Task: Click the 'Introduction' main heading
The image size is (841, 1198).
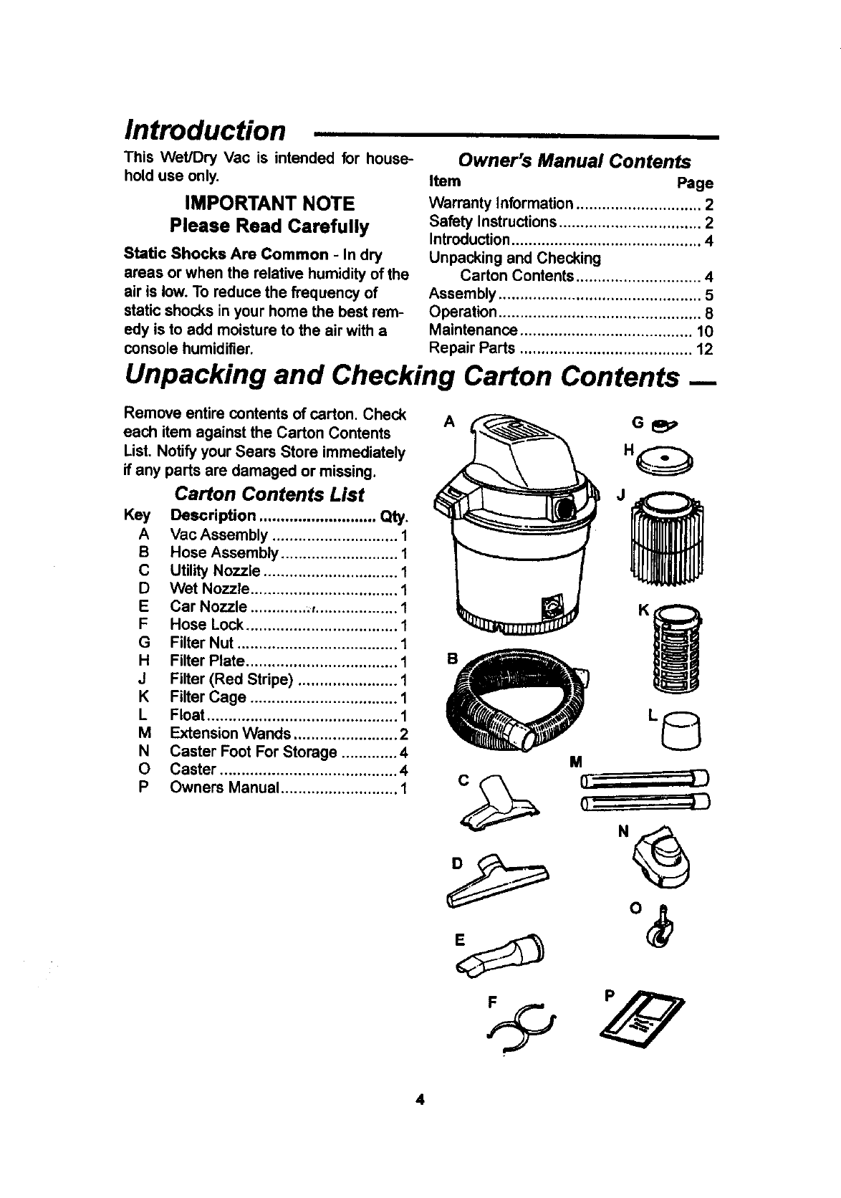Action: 205,131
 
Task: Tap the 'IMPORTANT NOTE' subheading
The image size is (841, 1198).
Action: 269,203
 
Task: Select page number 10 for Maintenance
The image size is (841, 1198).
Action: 704,332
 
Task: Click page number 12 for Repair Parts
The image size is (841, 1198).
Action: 704,350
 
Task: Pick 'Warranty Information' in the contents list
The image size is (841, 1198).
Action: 501,203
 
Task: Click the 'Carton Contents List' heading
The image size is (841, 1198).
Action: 269,495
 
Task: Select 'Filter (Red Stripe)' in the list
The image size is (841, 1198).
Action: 231,679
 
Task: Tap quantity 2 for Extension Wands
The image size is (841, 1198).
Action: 403,734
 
